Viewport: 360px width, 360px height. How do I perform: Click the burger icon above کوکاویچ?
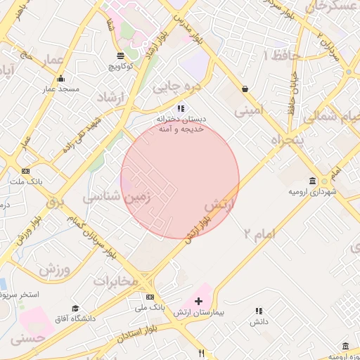(x=121, y=55)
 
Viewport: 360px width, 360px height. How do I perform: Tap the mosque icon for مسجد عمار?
(x=60, y=78)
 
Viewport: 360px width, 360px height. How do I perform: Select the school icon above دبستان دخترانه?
(x=181, y=108)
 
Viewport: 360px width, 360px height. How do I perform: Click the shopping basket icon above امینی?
(x=245, y=89)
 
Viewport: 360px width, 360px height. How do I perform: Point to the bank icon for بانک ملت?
(x=26, y=171)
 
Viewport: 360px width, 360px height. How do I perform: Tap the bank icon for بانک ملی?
(x=150, y=297)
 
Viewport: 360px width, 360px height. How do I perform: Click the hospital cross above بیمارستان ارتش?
(x=198, y=301)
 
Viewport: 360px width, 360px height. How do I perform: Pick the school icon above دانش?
(x=259, y=310)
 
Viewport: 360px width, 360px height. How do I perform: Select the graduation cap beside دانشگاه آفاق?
(x=75, y=308)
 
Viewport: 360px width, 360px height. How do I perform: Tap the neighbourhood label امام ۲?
(x=259, y=233)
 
